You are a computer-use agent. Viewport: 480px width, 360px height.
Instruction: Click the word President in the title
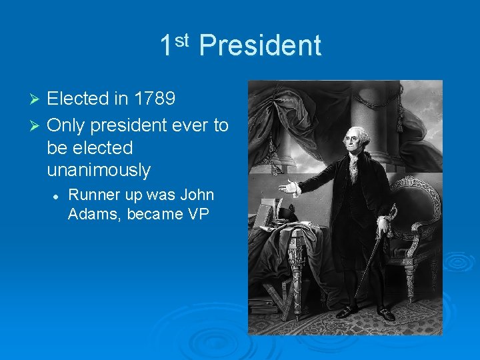pyautogui.click(x=260, y=46)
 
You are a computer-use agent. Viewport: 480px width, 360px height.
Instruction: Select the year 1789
pyautogui.click(x=155, y=99)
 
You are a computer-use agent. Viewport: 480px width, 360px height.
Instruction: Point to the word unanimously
pyautogui.click(x=99, y=170)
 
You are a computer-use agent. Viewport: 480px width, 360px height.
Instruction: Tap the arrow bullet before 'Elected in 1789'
pyautogui.click(x=37, y=100)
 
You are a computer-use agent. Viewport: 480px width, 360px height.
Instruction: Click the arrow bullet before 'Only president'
pyautogui.click(x=37, y=125)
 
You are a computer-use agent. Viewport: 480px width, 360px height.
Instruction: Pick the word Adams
pyautogui.click(x=90, y=214)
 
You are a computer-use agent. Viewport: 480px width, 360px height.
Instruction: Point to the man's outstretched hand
pyautogui.click(x=288, y=188)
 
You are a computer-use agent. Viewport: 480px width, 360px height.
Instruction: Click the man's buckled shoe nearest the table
pyautogui.click(x=345, y=311)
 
